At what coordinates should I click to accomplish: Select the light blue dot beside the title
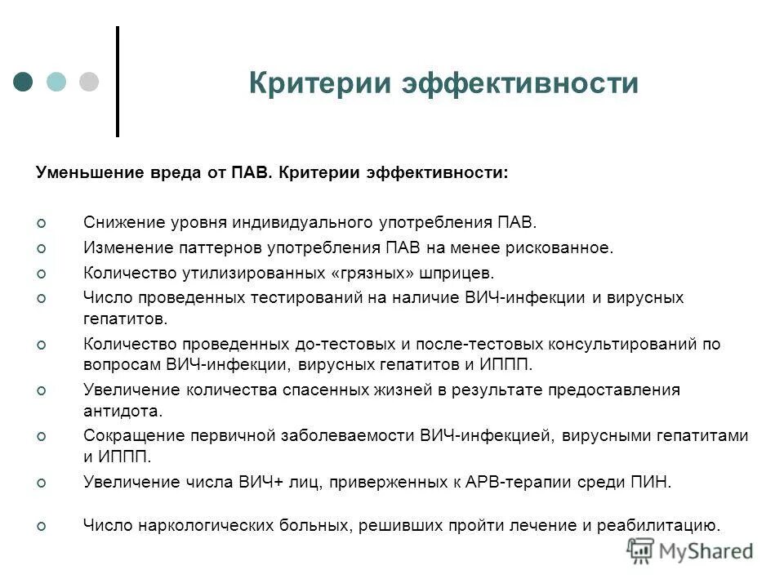click(56, 82)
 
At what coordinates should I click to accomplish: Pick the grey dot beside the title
click(88, 82)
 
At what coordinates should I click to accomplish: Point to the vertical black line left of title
click(118, 81)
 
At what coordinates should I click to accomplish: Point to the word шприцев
click(462, 272)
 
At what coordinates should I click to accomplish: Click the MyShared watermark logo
click(692, 551)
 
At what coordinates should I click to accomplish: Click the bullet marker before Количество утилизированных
click(43, 273)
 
